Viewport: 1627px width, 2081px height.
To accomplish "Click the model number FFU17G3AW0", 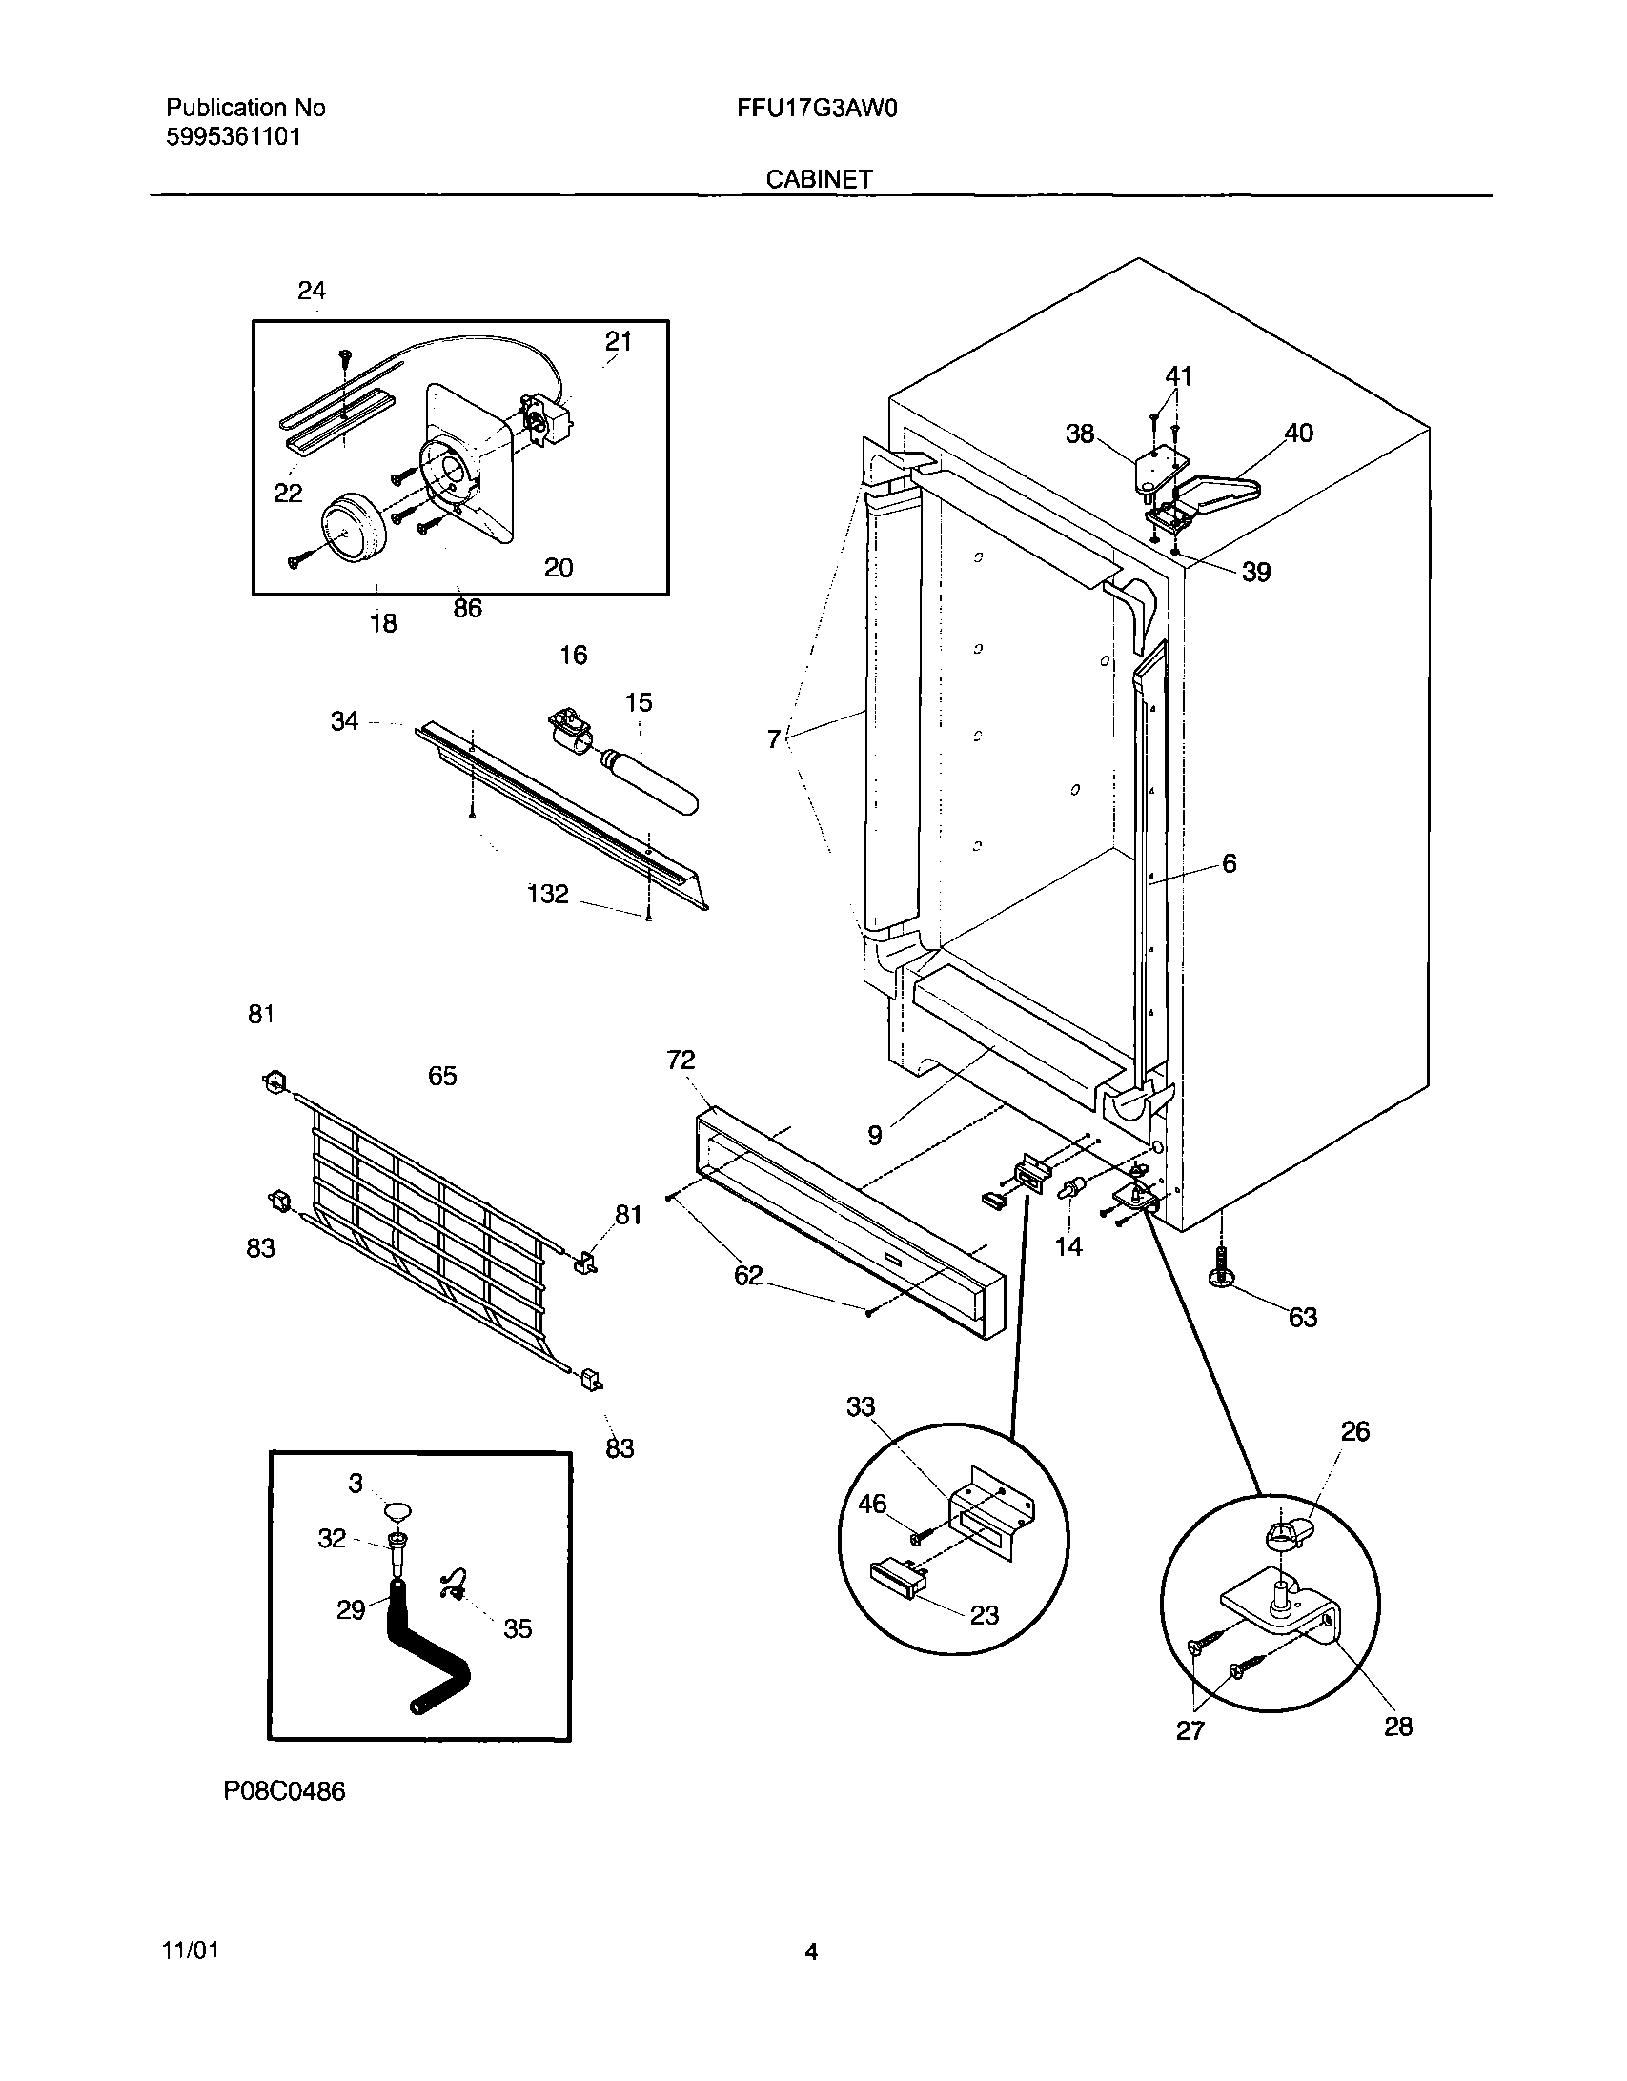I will (x=817, y=108).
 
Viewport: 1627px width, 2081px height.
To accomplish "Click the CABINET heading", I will (x=819, y=179).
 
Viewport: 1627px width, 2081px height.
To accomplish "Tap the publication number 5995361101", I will (x=234, y=136).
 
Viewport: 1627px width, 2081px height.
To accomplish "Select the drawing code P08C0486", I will (x=284, y=1791).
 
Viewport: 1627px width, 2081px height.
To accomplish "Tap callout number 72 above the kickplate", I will (x=681, y=1060).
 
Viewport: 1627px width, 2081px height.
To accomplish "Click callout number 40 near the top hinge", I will (x=1298, y=434).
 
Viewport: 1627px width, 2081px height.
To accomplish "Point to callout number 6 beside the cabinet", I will (x=1229, y=863).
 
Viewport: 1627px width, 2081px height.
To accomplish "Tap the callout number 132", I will (x=547, y=894).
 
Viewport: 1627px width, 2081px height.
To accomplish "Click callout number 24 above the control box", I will (x=312, y=291).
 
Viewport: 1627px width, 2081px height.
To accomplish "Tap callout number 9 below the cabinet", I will (x=874, y=1135).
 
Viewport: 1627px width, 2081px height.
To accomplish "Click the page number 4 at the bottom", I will (x=811, y=1952).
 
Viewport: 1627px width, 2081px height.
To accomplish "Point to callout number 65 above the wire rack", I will (x=442, y=1076).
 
